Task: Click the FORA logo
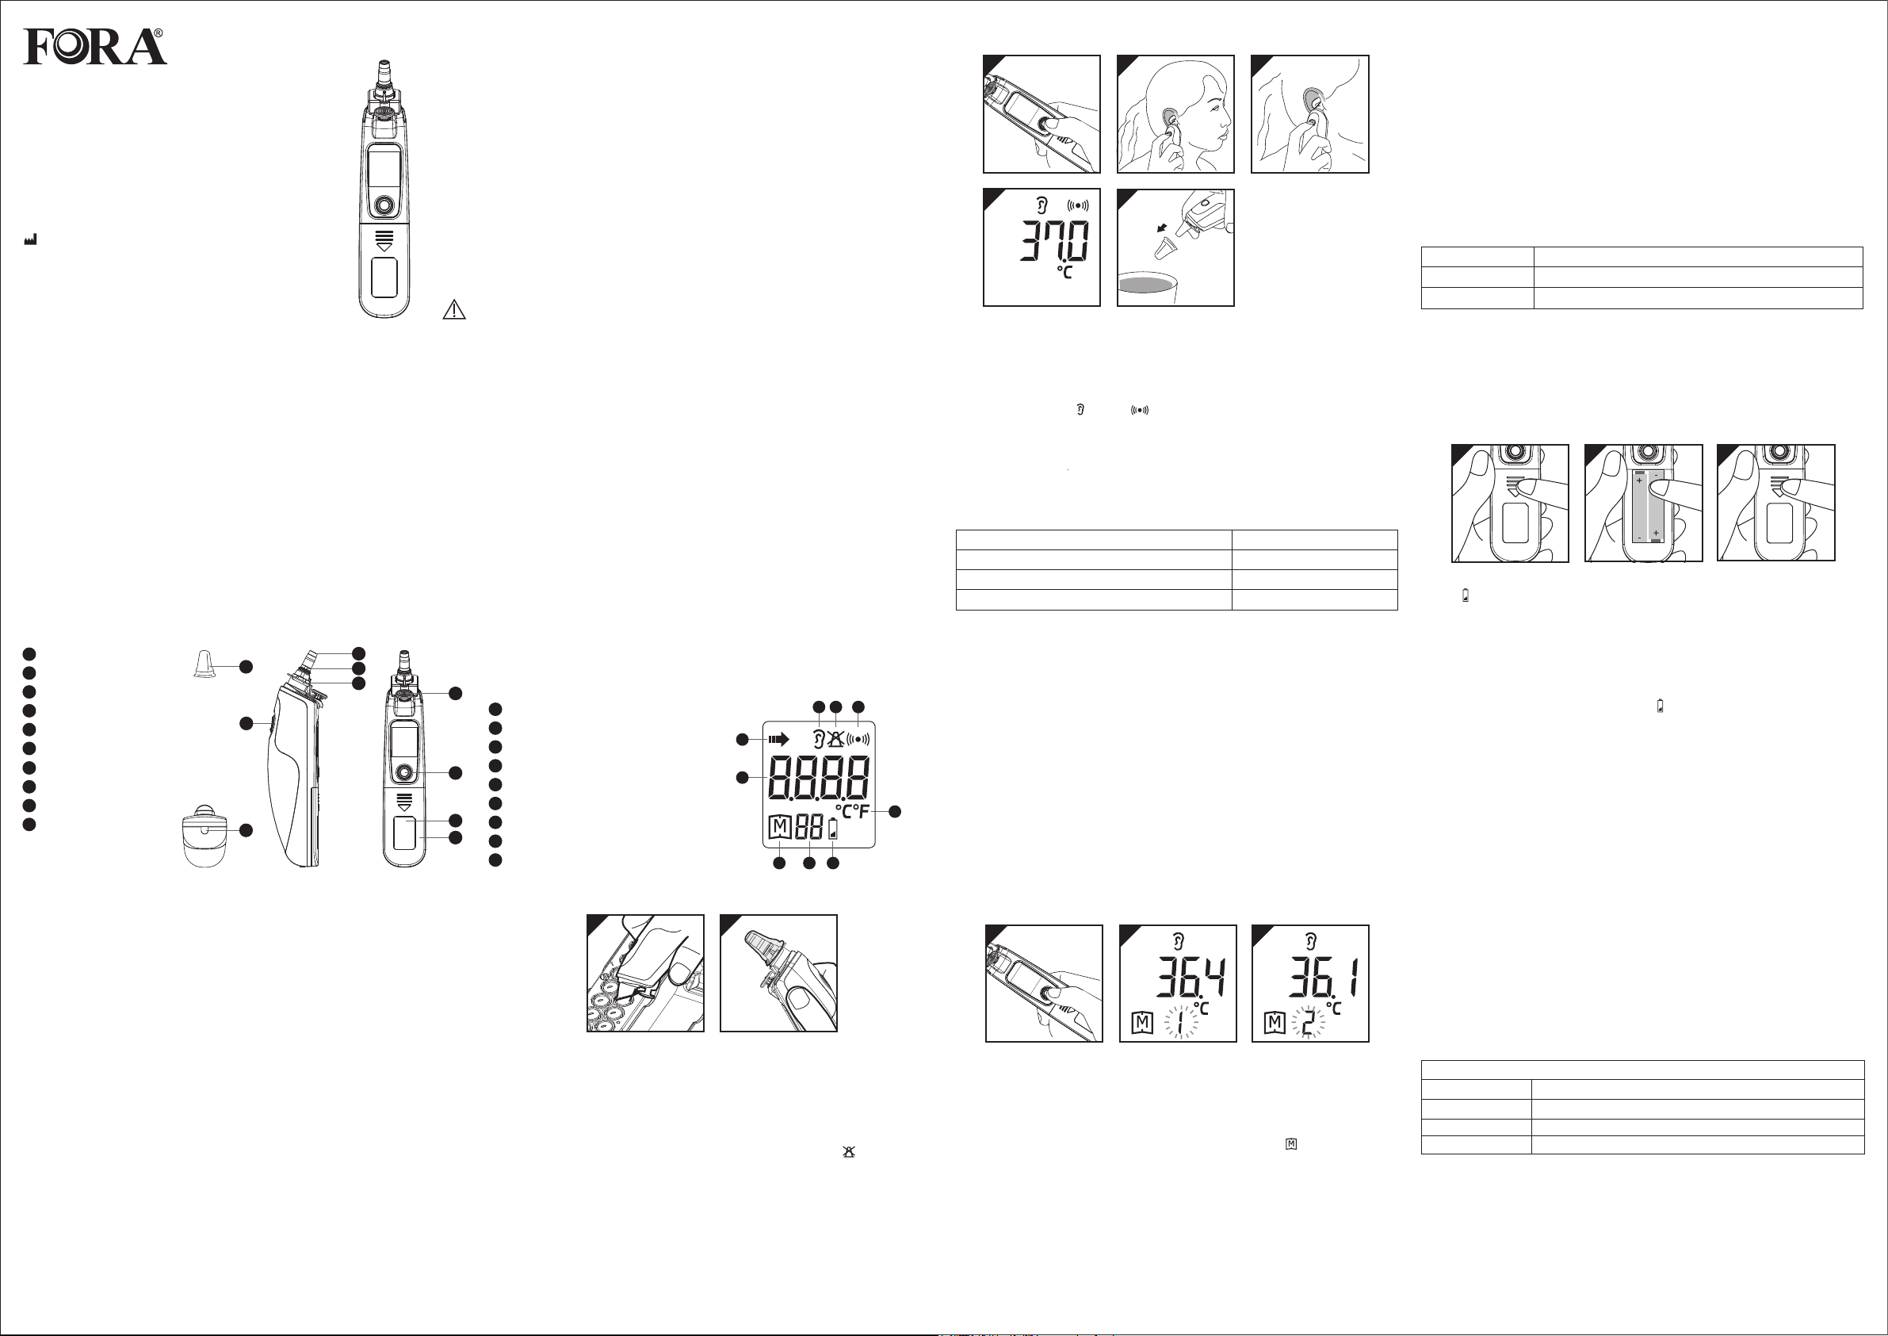pyautogui.click(x=94, y=47)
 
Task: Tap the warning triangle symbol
pyautogui.click(x=454, y=310)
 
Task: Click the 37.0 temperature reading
pyautogui.click(x=1055, y=240)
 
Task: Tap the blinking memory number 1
pyautogui.click(x=1179, y=1024)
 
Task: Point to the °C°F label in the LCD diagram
pyautogui.click(x=852, y=811)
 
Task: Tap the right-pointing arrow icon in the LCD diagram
pyautogui.click(x=778, y=739)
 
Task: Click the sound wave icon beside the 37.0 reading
pyautogui.click(x=1077, y=205)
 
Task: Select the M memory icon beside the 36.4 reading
pyautogui.click(x=1142, y=1024)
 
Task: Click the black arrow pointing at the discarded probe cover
pyautogui.click(x=1161, y=227)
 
